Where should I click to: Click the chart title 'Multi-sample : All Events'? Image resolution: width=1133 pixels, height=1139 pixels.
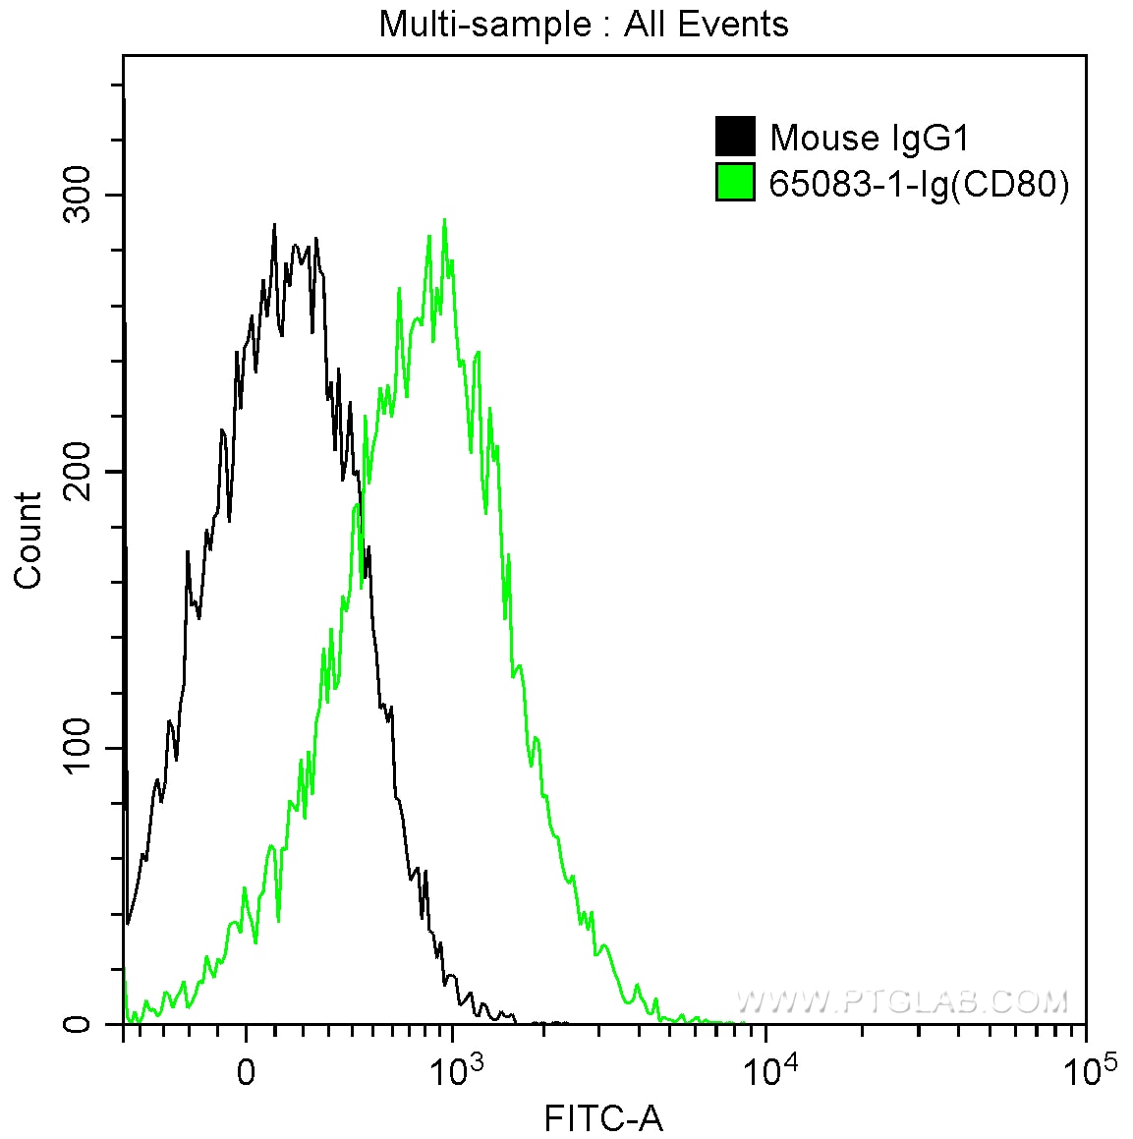[x=584, y=24]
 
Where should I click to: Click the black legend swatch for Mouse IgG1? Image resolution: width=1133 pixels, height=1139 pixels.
[x=735, y=138]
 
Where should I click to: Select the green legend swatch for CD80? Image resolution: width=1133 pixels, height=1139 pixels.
[x=735, y=183]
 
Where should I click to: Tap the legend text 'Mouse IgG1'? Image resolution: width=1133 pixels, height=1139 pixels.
[x=870, y=138]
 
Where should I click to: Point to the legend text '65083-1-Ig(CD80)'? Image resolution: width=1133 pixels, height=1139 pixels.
[x=919, y=184]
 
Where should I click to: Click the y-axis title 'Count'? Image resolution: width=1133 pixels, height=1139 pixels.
[x=28, y=541]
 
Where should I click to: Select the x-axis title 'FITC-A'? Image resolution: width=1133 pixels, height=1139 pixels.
[x=603, y=1117]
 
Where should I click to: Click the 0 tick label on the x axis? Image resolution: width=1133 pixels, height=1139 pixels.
[x=246, y=1072]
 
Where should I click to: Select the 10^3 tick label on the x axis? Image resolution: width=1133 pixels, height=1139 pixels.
[x=453, y=1068]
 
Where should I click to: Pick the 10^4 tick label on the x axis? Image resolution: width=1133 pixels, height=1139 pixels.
[x=766, y=1068]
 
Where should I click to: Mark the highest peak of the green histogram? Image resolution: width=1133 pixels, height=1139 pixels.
[x=445, y=219]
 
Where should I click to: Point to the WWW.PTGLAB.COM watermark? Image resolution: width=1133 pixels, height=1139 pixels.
[x=901, y=1001]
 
